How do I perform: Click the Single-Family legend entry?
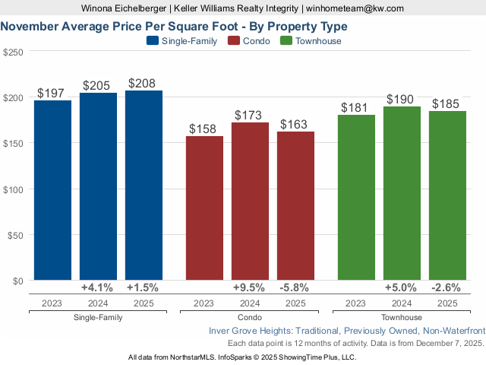click(x=181, y=41)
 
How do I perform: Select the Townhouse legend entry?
click(x=311, y=41)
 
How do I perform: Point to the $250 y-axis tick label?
click(x=14, y=52)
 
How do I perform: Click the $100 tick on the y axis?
click(x=14, y=189)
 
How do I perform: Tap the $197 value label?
click(x=52, y=93)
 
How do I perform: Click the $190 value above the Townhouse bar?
click(x=401, y=100)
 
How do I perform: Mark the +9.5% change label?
click(x=249, y=288)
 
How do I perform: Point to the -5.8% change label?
click(x=295, y=288)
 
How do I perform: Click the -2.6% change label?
click(x=447, y=288)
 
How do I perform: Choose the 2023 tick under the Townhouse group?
click(x=355, y=303)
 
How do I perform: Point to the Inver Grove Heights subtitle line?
click(x=346, y=332)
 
